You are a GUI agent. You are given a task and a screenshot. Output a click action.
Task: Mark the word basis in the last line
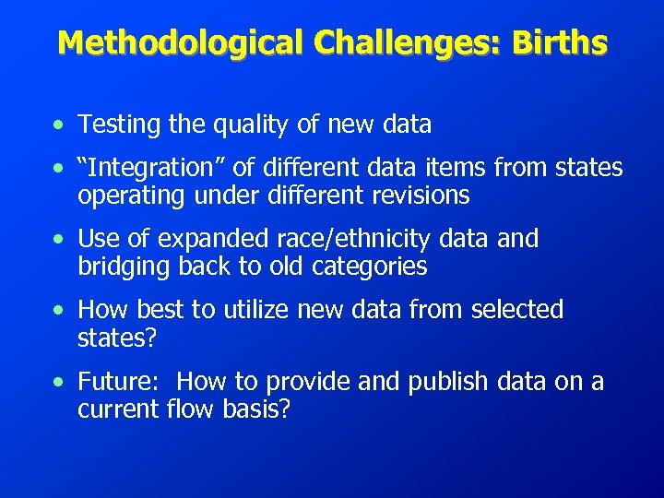point(255,409)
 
